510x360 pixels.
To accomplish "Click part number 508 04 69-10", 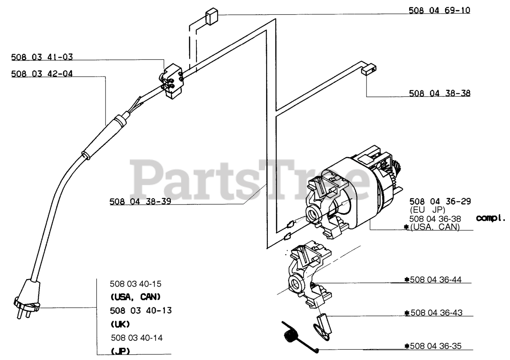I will click(x=439, y=10).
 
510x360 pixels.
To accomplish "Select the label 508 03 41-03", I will click(x=42, y=57).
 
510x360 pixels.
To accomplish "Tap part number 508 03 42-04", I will click(x=42, y=74).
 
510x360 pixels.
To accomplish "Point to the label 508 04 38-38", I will click(x=439, y=93).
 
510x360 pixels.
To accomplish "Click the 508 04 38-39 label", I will click(x=140, y=202).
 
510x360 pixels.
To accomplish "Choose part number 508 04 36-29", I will click(x=440, y=201).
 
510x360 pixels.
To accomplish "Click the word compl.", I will click(x=490, y=218).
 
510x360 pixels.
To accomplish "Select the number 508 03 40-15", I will click(x=136, y=284).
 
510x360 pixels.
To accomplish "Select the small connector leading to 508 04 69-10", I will click(x=211, y=18).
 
